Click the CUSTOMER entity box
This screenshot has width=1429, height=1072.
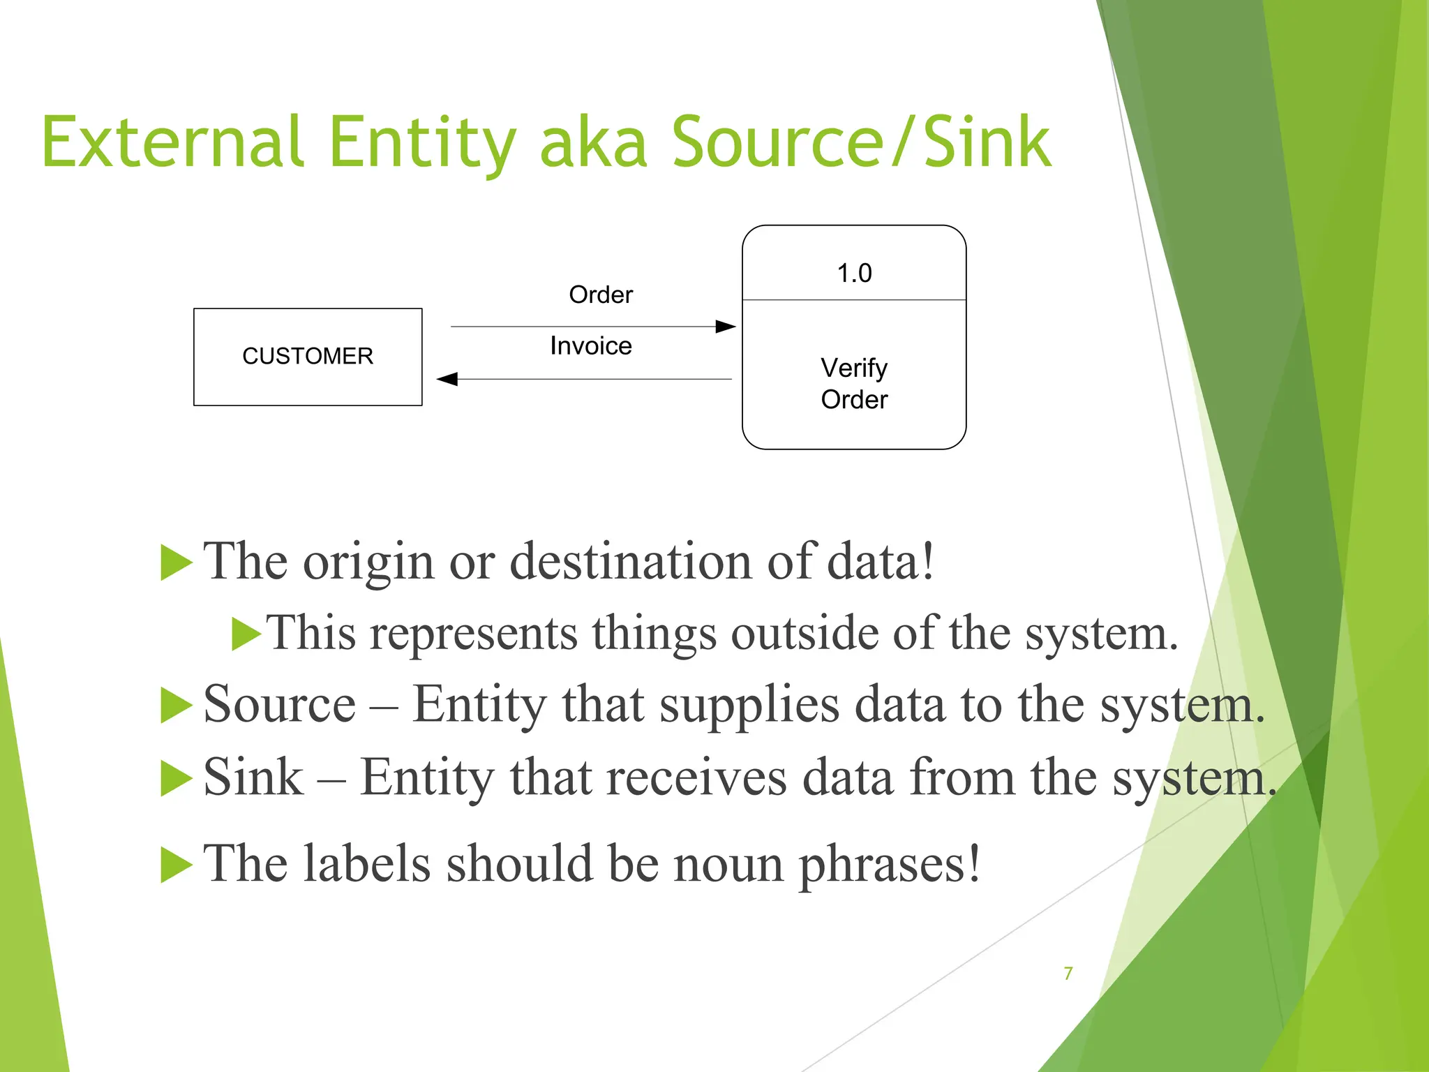coord(308,357)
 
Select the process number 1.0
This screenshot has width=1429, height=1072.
coord(854,273)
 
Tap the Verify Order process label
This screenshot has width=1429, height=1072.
coord(854,383)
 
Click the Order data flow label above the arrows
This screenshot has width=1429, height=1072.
coord(601,295)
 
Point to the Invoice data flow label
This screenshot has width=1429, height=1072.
coord(591,345)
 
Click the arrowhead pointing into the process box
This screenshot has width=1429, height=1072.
coord(726,327)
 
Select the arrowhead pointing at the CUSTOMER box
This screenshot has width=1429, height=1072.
coord(447,379)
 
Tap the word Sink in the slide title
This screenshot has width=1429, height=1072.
coord(987,142)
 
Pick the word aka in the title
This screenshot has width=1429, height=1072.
coord(594,142)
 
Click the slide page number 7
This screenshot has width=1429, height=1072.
coord(1068,973)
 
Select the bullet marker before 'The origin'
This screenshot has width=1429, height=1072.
coord(176,563)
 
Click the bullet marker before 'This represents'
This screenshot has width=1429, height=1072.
coord(246,634)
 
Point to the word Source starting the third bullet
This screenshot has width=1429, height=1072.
coord(280,703)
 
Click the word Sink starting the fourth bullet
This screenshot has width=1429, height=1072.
coord(253,777)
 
